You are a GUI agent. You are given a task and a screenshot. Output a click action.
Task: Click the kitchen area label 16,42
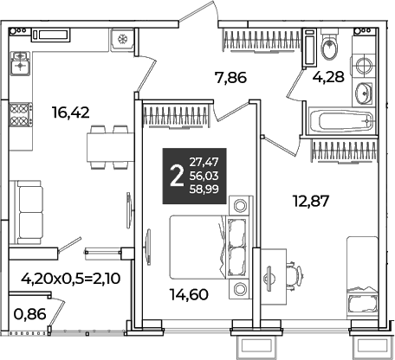(71, 112)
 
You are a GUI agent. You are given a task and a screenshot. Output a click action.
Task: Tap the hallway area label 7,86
(230, 78)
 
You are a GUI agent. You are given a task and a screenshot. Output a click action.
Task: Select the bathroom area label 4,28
(329, 77)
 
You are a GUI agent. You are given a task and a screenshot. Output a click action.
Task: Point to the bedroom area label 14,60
(189, 295)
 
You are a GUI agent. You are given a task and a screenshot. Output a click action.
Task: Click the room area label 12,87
(311, 201)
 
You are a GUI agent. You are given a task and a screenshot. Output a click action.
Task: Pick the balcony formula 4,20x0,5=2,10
(71, 279)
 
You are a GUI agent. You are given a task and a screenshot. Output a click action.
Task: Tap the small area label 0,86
(30, 314)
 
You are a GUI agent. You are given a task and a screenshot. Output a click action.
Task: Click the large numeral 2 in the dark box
(177, 177)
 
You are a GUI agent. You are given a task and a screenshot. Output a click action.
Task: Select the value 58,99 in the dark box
(204, 190)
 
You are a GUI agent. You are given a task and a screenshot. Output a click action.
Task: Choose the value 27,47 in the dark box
(204, 162)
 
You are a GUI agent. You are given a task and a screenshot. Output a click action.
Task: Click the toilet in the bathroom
(329, 46)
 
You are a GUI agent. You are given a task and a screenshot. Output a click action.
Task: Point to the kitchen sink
(20, 63)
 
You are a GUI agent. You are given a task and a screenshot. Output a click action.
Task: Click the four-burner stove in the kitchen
(21, 115)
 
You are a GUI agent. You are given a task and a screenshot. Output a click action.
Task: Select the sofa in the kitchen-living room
(26, 212)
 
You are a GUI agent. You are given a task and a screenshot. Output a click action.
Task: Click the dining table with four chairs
(110, 147)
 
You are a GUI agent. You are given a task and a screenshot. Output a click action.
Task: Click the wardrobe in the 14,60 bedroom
(176, 116)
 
